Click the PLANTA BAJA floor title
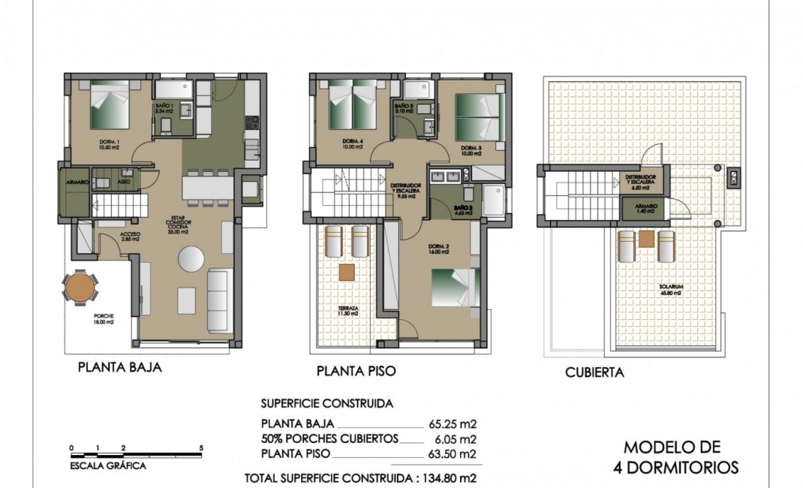(x=120, y=368)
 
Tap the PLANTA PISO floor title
(x=356, y=370)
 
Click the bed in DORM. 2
(x=453, y=287)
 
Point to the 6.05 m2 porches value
(x=453, y=438)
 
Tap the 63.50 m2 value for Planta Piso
(x=453, y=453)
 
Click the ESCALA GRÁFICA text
(x=104, y=465)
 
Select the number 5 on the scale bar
(x=200, y=447)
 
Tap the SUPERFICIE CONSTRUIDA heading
(x=326, y=403)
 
